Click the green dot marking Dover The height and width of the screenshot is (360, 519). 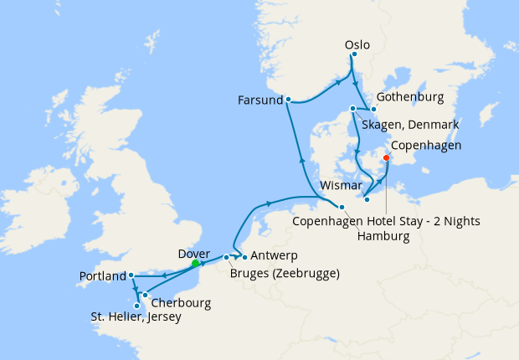pyautogui.click(x=195, y=263)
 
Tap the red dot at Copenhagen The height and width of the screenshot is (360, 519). pyautogui.click(x=386, y=157)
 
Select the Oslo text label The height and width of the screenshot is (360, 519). pyautogui.click(x=357, y=44)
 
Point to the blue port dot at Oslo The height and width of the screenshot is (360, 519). pyautogui.click(x=353, y=54)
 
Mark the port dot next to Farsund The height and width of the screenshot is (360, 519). pyautogui.click(x=288, y=100)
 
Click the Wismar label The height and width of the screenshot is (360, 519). pyautogui.click(x=342, y=183)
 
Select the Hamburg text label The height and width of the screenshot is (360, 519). pyautogui.click(x=383, y=237)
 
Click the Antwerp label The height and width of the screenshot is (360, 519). pyautogui.click(x=275, y=255)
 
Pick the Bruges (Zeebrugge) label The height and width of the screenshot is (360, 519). pyautogui.click(x=284, y=272)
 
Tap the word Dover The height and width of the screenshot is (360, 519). pyautogui.click(x=194, y=252)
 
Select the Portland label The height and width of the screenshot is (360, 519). pyautogui.click(x=103, y=275)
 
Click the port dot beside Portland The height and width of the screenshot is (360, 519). pyautogui.click(x=131, y=275)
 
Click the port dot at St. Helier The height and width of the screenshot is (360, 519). pyautogui.click(x=137, y=306)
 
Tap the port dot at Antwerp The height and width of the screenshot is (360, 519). pyautogui.click(x=244, y=256)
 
